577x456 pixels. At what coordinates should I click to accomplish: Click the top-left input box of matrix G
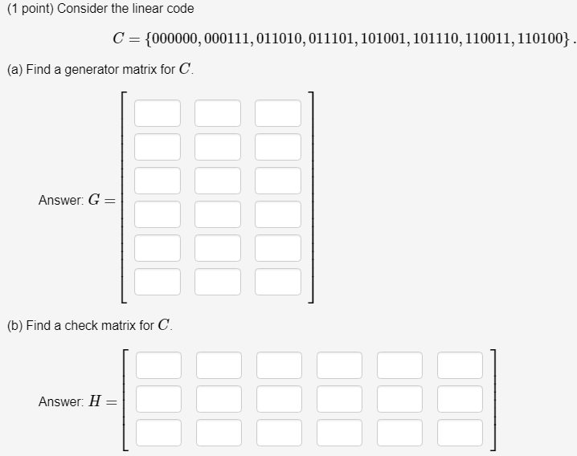(x=158, y=113)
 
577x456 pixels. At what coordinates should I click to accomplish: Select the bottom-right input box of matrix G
(x=278, y=282)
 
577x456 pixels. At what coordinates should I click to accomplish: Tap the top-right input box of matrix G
(x=278, y=113)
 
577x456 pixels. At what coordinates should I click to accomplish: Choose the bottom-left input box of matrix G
(x=158, y=282)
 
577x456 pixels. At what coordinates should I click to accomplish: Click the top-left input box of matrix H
(x=158, y=364)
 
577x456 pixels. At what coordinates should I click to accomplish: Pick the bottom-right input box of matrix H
(x=460, y=432)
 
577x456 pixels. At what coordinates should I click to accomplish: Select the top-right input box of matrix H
(x=460, y=364)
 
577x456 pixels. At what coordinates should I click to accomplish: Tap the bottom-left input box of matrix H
(x=158, y=432)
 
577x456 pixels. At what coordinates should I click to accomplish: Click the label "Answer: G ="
(x=76, y=200)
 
